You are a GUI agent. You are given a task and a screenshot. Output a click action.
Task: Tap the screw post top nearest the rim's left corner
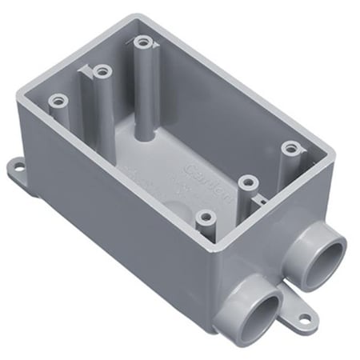(57, 101)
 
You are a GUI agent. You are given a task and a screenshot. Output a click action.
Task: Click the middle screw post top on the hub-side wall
(248, 181)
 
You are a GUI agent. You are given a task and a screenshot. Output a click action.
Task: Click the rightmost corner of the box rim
(329, 145)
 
